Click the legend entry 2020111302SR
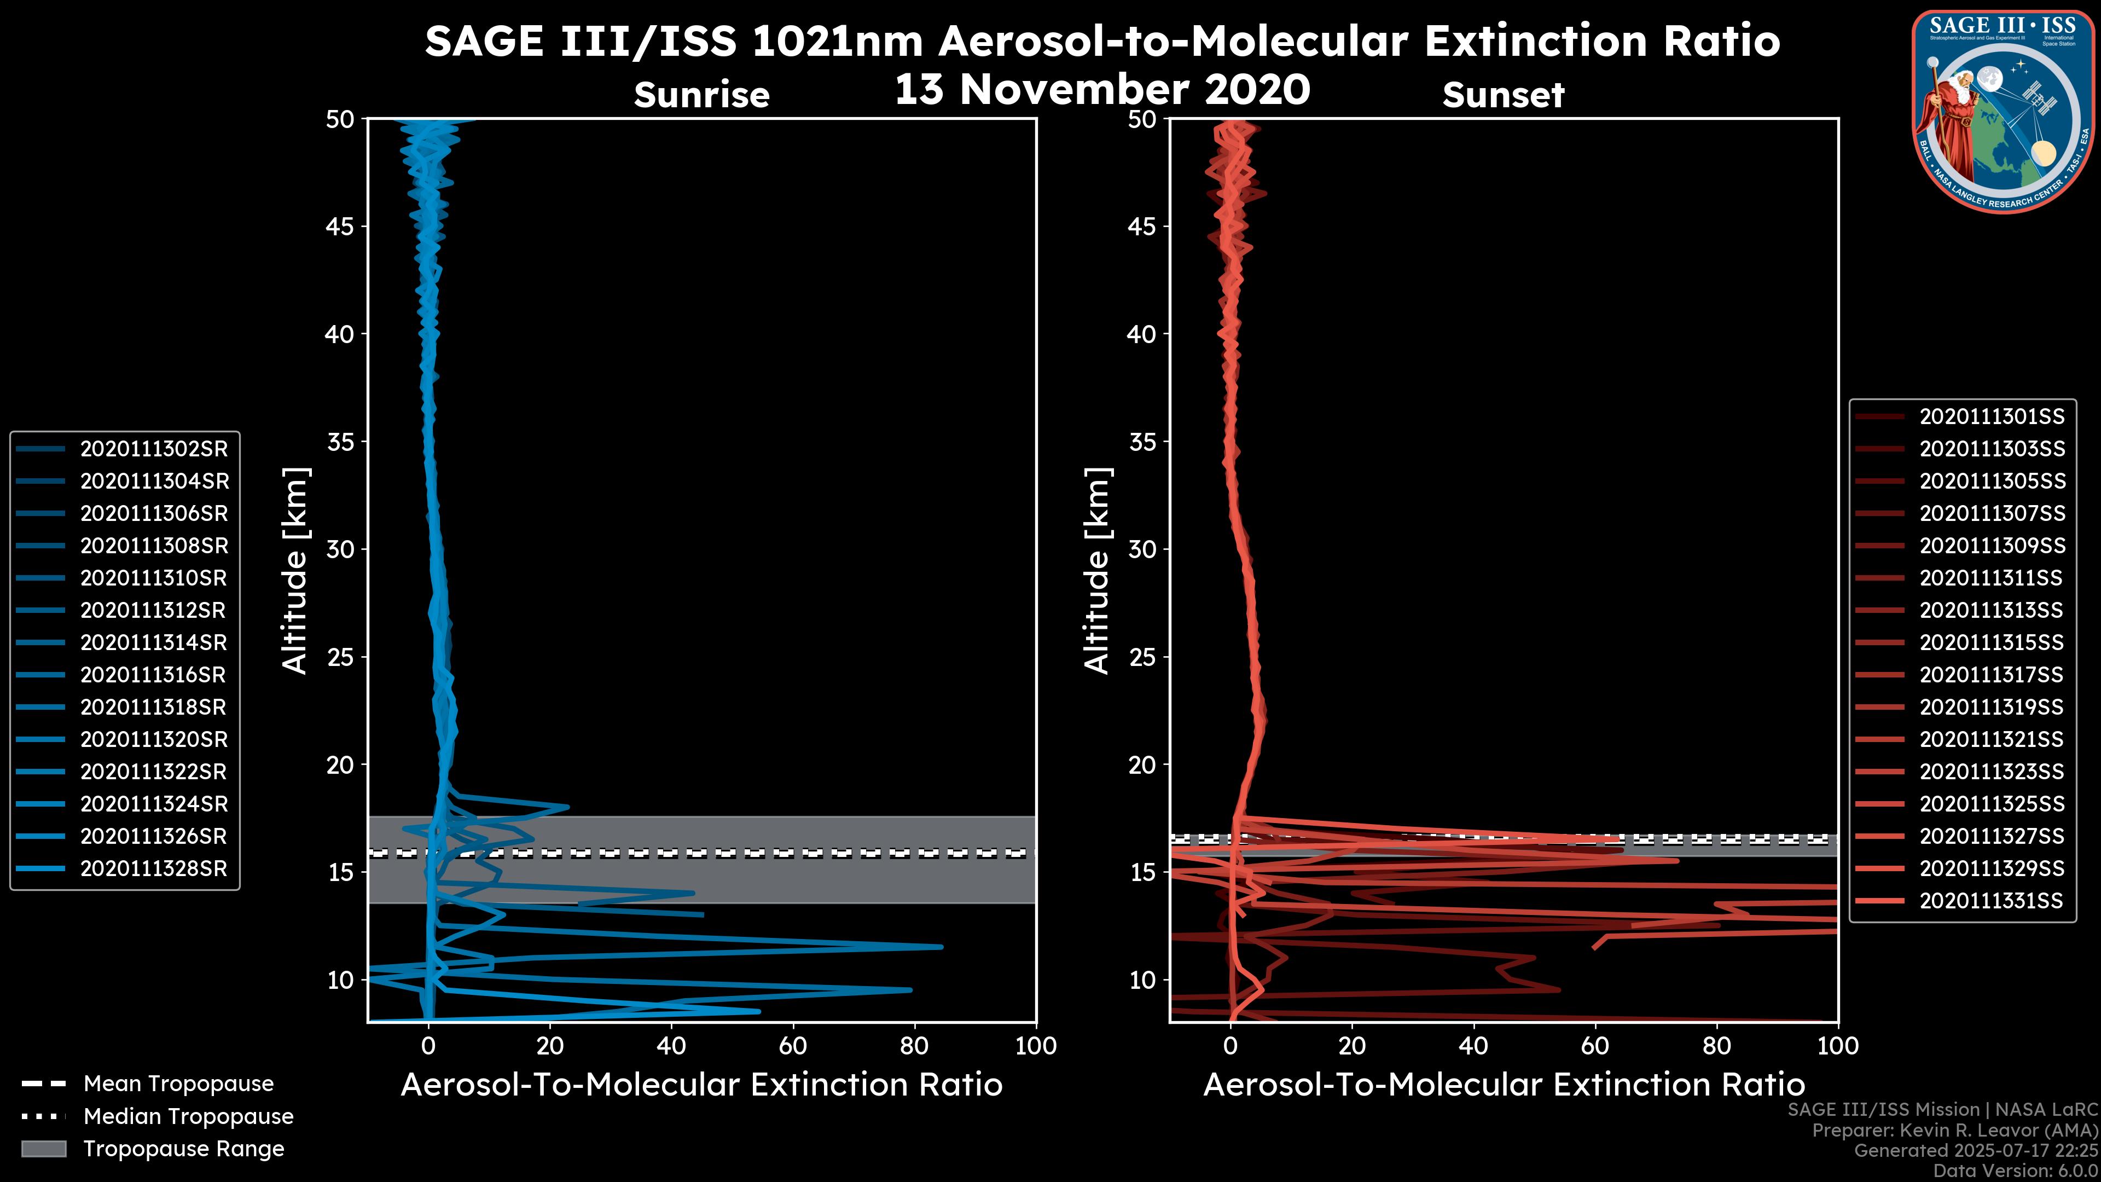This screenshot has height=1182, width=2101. (153, 449)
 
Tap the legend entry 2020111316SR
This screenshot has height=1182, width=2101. (153, 675)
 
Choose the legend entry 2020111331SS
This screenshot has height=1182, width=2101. (1992, 901)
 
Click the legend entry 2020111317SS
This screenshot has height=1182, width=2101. (1992, 675)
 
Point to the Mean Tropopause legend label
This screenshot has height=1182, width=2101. (178, 1083)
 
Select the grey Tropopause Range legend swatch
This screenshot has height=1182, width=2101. (43, 1149)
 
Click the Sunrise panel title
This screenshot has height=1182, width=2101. (701, 95)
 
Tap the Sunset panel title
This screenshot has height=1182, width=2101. (1503, 95)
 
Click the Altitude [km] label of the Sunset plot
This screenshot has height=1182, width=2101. (1097, 571)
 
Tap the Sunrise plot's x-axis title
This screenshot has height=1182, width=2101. (701, 1085)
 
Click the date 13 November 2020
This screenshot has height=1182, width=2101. (1102, 90)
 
